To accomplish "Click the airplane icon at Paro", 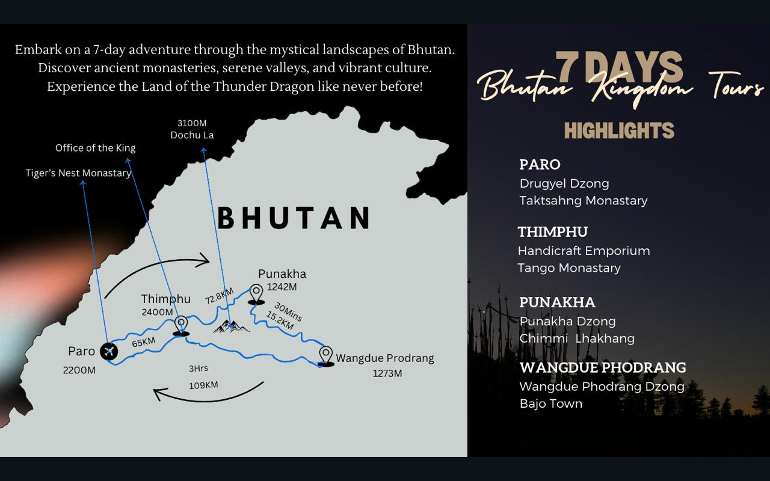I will [x=109, y=351].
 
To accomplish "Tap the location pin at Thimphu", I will [x=180, y=325].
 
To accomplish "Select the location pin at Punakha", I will [x=256, y=293].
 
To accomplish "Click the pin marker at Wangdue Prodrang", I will [x=325, y=355].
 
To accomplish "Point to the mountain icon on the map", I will [x=231, y=326].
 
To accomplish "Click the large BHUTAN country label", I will [x=294, y=218].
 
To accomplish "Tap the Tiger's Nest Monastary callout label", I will [x=78, y=173].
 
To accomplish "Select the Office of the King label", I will [x=96, y=148].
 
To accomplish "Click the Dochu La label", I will [x=192, y=135].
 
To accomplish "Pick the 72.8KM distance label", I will [x=219, y=296].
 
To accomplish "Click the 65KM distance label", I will [x=143, y=342].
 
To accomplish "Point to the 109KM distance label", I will [x=203, y=385].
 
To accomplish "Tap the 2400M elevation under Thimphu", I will [x=157, y=312].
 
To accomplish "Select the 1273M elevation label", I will [x=387, y=373].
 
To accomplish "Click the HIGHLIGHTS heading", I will [x=619, y=130].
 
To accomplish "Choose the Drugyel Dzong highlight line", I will [x=564, y=183].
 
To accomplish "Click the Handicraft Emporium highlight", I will [x=584, y=251].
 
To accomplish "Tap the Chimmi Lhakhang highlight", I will [x=577, y=339].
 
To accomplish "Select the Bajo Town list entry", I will [x=551, y=403].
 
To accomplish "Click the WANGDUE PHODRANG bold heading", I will [x=603, y=367].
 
